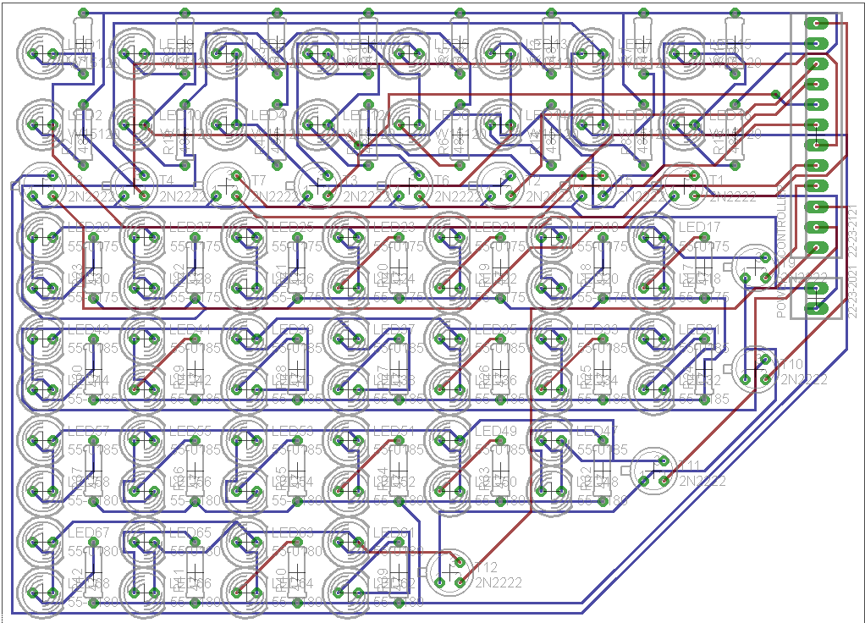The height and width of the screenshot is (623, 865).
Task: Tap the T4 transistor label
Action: (165, 180)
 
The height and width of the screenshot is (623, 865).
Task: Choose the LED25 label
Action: (291, 228)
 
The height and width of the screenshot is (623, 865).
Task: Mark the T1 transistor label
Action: (716, 180)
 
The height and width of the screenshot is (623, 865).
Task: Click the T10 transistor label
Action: (792, 364)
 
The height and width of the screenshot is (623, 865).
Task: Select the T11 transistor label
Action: (690, 466)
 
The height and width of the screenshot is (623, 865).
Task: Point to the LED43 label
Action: (88, 329)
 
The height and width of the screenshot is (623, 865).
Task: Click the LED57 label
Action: (88, 431)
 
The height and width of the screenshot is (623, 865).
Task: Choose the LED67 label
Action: (88, 532)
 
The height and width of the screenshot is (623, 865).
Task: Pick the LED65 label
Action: (190, 532)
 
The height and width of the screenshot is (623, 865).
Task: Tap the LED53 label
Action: (291, 431)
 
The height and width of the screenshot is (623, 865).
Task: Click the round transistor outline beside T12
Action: (449, 572)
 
